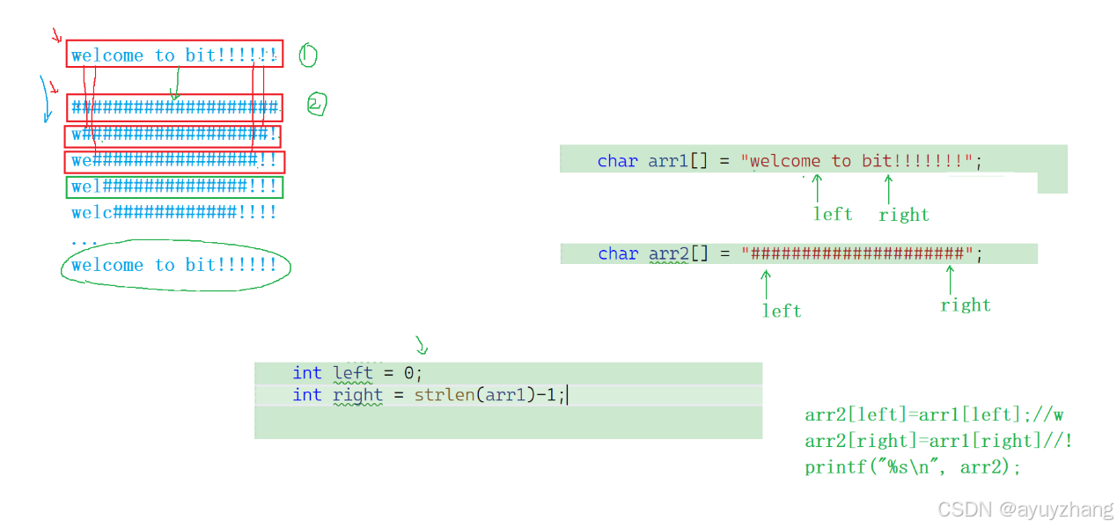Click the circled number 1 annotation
click(x=307, y=55)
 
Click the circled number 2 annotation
click(x=316, y=105)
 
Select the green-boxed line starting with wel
click(x=174, y=187)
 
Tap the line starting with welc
click(x=174, y=212)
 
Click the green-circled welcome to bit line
click(x=174, y=265)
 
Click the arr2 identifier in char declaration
click(x=668, y=253)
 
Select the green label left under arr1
click(x=833, y=214)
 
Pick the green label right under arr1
click(x=904, y=215)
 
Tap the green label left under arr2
click(x=782, y=311)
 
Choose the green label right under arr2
click(x=966, y=305)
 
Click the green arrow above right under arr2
click(x=950, y=280)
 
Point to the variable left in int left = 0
click(x=353, y=373)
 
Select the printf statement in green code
click(x=913, y=467)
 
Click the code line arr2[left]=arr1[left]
click(x=933, y=414)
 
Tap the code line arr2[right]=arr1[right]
click(x=937, y=441)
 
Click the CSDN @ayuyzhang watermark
click(x=1025, y=510)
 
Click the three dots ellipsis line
click(x=85, y=240)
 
